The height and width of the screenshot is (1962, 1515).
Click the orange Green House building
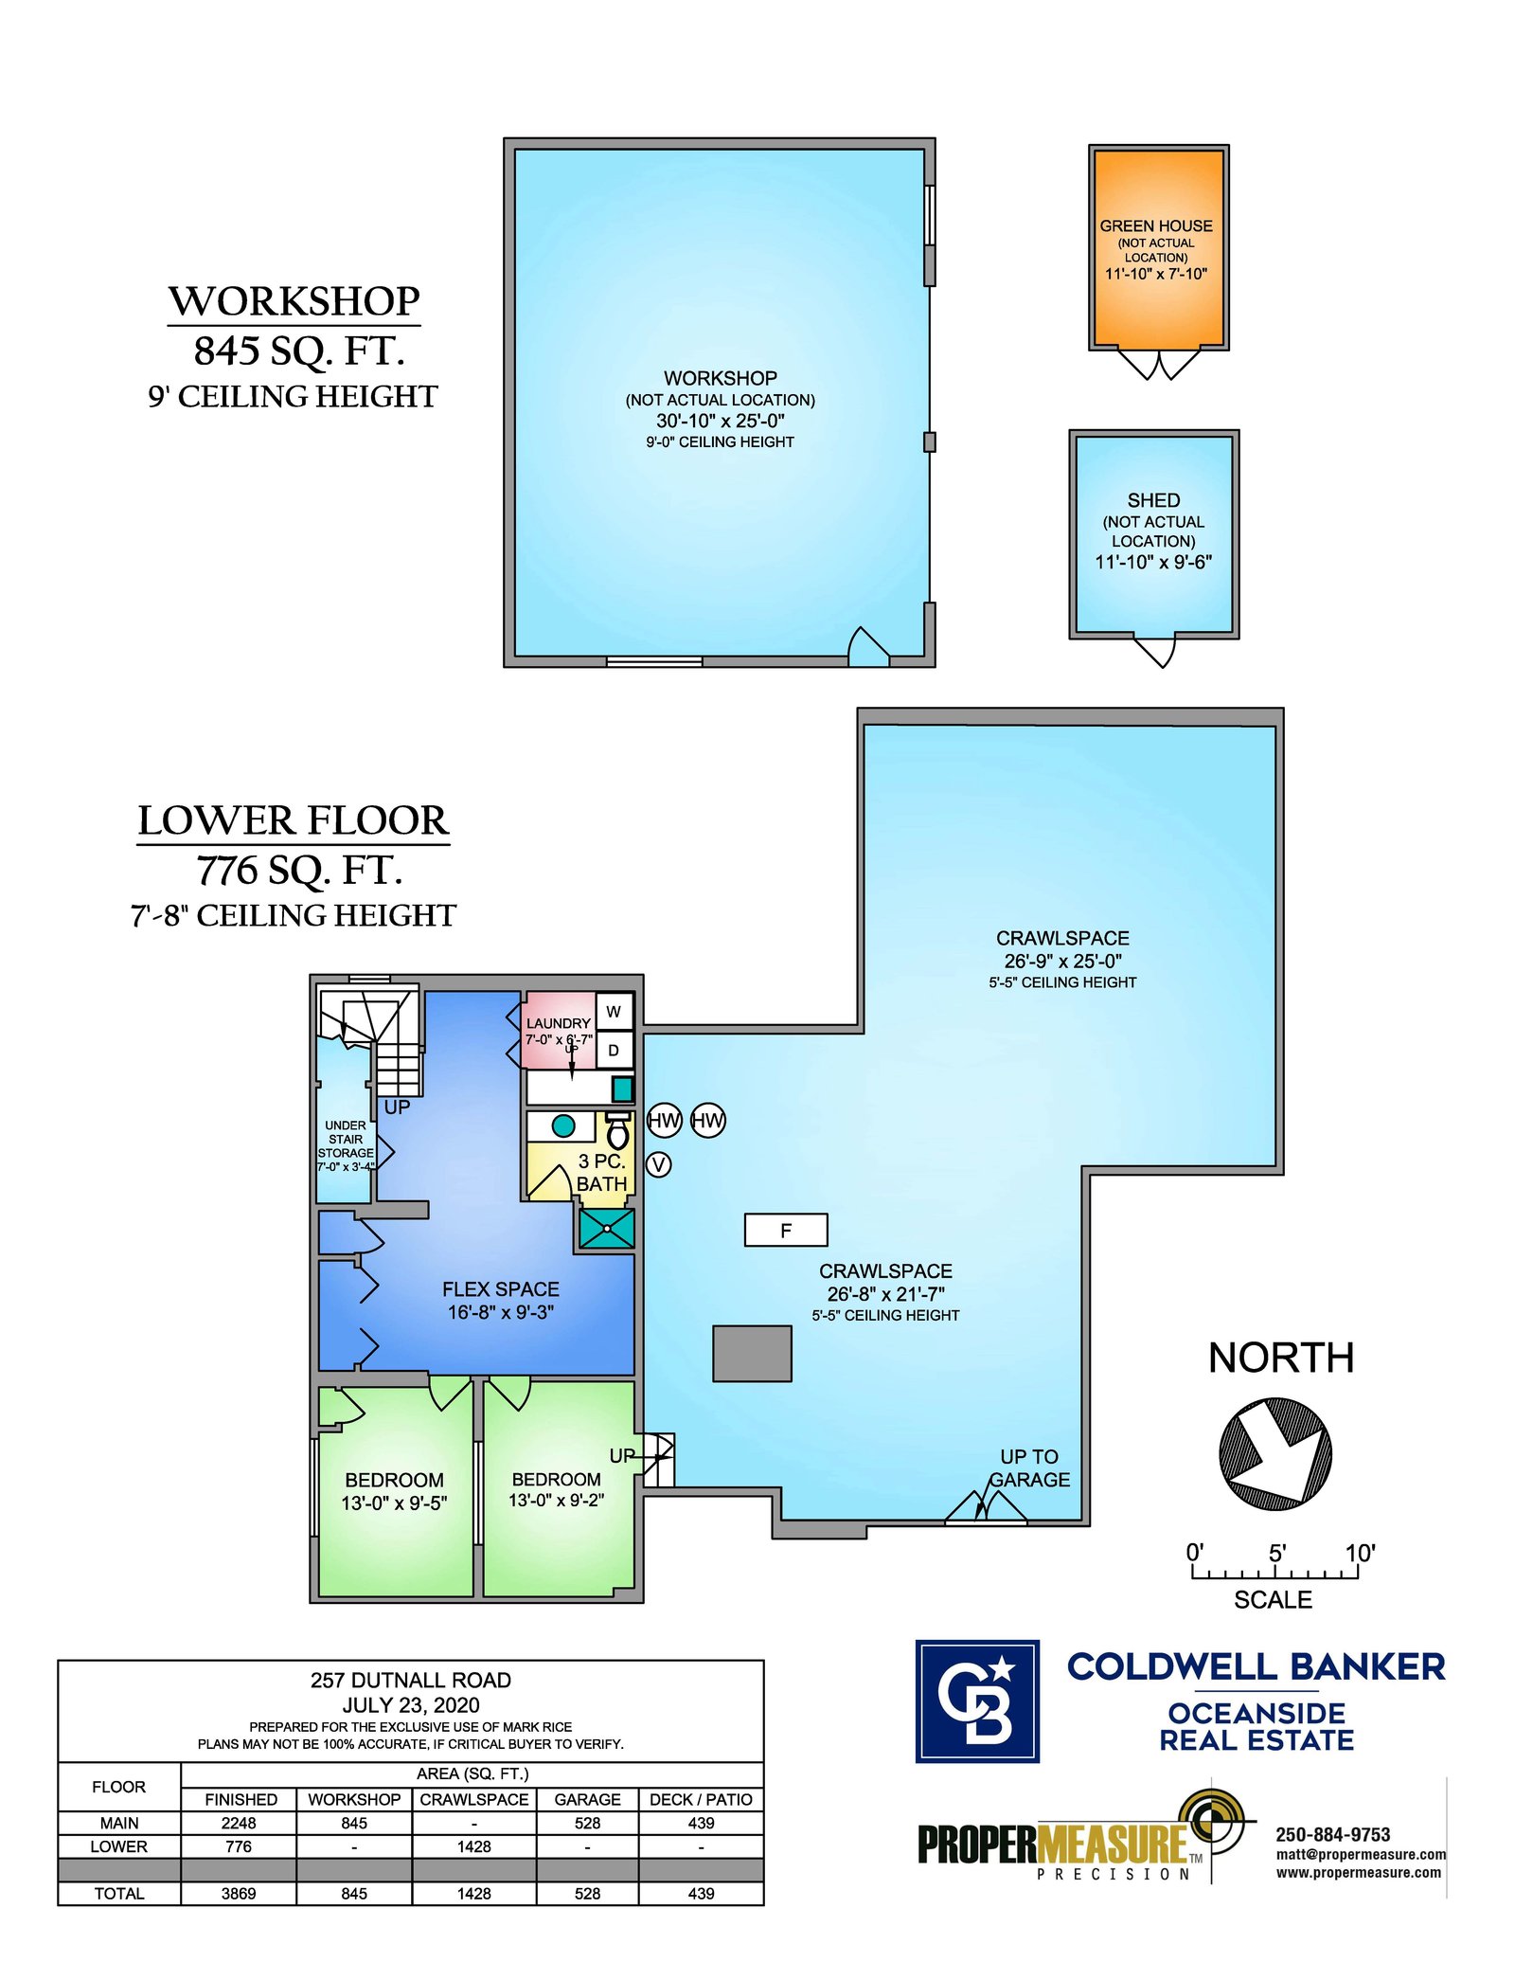coord(1158,248)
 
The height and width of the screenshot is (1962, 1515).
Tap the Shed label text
coord(1153,500)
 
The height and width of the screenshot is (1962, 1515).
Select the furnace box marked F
coord(786,1230)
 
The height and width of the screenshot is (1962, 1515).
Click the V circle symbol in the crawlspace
coord(658,1164)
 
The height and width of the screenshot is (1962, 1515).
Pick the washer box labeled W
coord(614,1012)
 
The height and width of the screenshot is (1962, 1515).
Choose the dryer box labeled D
coord(614,1050)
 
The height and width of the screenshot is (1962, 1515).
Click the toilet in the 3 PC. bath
coord(617,1131)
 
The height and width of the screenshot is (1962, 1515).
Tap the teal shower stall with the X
coord(606,1229)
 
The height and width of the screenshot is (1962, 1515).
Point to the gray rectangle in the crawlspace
coord(752,1353)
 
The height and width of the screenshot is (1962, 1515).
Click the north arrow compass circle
coord(1274,1454)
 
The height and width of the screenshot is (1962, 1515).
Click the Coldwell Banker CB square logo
coord(977,1701)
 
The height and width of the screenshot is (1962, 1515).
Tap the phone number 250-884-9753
coord(1333,1835)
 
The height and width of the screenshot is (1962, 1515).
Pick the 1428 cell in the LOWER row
coord(473,1846)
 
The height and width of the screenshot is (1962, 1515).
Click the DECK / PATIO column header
coord(701,1799)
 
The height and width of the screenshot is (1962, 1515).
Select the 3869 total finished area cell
coord(239,1894)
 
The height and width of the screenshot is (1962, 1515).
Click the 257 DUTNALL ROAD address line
coord(411,1681)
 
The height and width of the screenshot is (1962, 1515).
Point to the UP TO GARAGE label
coord(1029,1468)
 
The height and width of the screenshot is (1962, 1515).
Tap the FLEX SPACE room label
coord(501,1289)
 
